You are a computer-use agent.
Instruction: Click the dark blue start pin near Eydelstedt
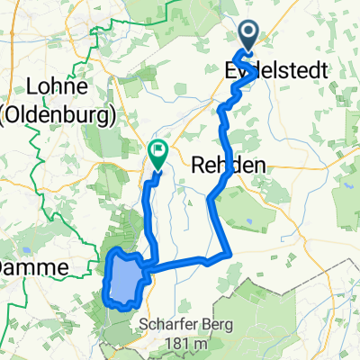tap(247, 37)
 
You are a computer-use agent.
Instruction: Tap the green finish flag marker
tap(157, 156)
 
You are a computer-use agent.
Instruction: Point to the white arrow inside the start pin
tap(247, 33)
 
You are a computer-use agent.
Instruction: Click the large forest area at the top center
tap(162, 27)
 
